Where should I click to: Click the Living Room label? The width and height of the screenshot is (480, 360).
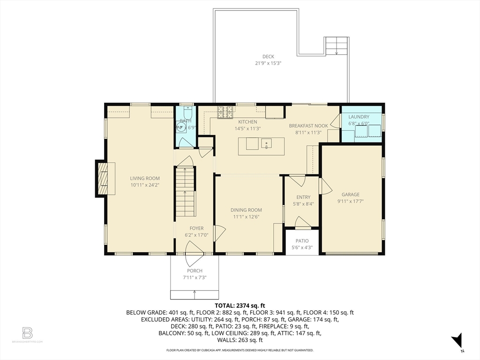(145, 178)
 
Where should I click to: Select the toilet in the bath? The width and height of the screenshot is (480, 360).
(187, 113)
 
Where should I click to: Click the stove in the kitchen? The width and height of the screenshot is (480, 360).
(225, 112)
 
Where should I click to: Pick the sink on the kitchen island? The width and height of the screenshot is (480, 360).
(266, 143)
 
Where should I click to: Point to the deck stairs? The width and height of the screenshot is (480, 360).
(337, 45)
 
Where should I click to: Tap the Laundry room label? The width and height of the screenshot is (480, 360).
(359, 117)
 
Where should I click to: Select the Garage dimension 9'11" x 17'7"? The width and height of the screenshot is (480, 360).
(350, 201)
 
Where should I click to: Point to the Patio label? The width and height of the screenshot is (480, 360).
(302, 241)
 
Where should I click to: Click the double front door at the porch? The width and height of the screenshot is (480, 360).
(195, 253)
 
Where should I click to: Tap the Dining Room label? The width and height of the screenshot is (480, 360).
(246, 210)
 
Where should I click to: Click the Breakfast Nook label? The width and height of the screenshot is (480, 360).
(308, 126)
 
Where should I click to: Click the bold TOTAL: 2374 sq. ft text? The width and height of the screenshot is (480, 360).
(240, 305)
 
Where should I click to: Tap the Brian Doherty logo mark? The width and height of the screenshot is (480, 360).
(27, 333)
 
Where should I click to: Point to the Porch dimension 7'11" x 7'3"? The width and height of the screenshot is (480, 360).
(195, 277)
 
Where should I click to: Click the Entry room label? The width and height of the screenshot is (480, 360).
(303, 197)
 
